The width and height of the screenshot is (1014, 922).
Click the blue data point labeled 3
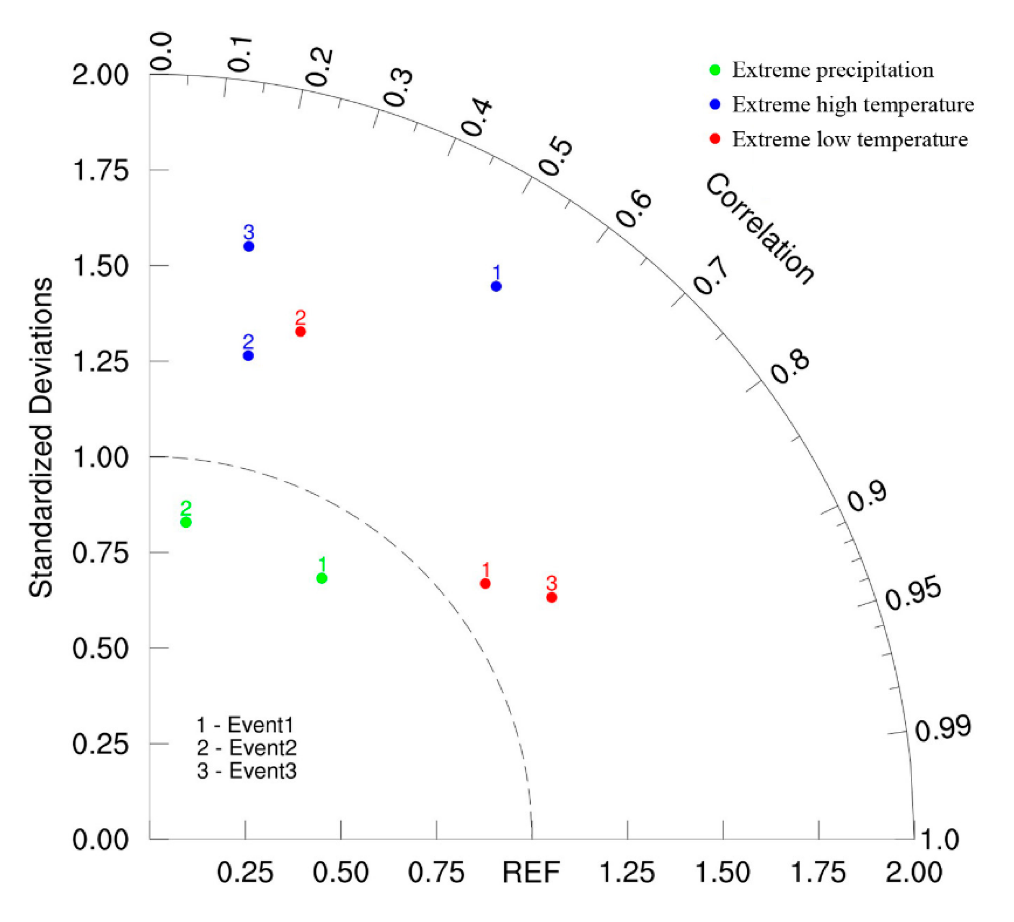pos(249,246)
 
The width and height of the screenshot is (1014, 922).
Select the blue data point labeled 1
pos(496,286)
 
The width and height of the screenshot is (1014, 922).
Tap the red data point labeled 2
pos(300,332)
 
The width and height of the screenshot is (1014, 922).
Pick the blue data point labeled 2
pos(248,356)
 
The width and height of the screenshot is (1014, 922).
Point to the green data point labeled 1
pos(322,578)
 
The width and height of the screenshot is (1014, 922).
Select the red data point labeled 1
pos(485,584)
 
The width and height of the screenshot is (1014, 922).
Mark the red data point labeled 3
pos(552,597)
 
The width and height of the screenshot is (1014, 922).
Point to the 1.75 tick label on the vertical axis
pos(101,170)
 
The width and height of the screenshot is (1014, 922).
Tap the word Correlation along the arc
pos(759,229)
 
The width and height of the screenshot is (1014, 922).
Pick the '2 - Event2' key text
pos(247,748)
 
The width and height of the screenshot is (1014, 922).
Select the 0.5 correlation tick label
pos(556,157)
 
